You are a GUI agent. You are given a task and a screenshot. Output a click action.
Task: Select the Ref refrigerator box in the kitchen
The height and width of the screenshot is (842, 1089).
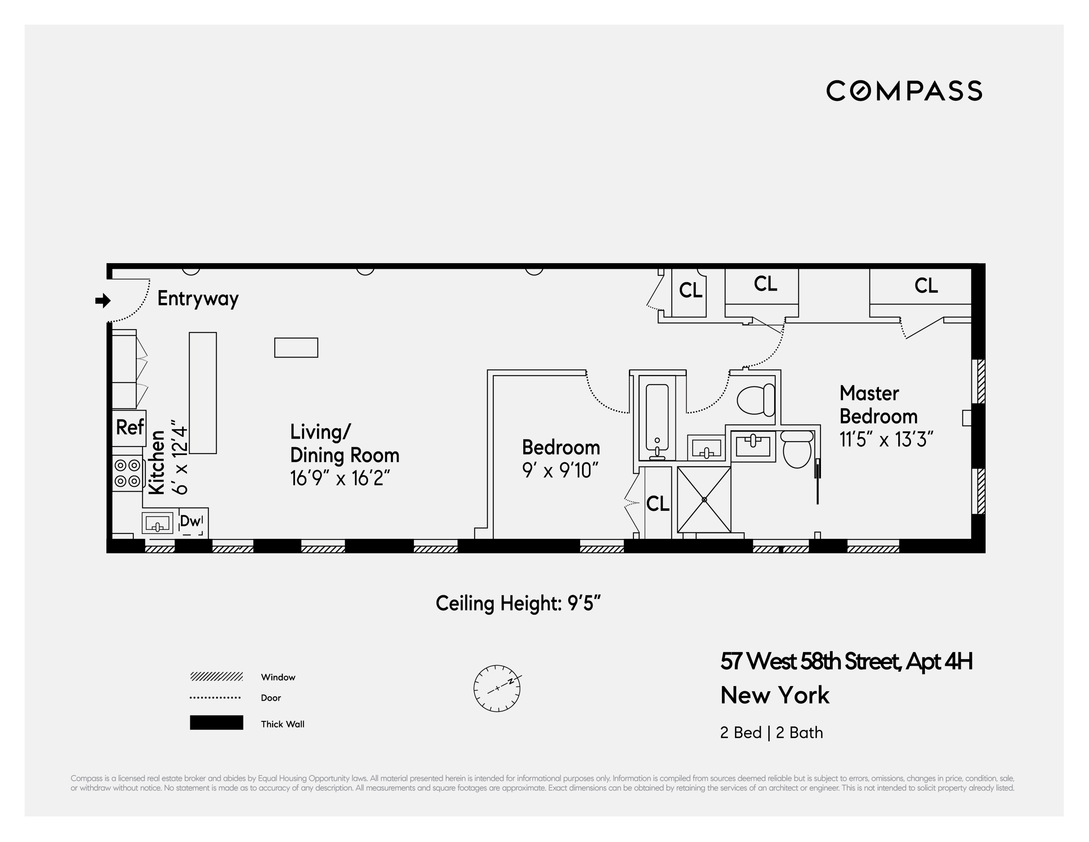(129, 428)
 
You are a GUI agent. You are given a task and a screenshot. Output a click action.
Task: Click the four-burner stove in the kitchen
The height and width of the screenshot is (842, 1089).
(128, 473)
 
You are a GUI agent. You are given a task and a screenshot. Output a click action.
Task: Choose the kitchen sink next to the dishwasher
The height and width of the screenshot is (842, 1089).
(157, 523)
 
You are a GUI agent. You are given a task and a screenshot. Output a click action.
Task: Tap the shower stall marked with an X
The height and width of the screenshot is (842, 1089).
(704, 499)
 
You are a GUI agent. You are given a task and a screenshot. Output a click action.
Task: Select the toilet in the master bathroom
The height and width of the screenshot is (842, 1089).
(797, 449)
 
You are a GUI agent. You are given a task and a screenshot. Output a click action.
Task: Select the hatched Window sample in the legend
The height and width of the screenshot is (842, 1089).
(216, 676)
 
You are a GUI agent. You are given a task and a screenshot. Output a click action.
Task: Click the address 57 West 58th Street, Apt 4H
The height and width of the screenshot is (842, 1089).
(846, 662)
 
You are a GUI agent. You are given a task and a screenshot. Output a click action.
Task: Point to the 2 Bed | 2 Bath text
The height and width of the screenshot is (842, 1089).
(771, 732)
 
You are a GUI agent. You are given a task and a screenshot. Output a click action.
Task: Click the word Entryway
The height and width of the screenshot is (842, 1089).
(198, 299)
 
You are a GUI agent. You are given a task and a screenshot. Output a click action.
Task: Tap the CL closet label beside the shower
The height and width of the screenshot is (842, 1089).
(658, 504)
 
